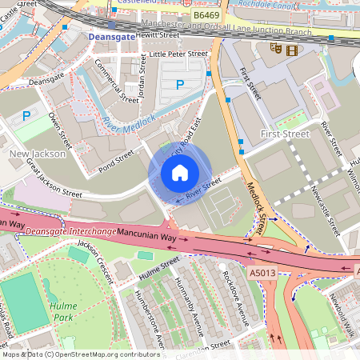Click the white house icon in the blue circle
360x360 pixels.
180,172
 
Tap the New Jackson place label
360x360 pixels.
33,153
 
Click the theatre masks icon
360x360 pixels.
276,48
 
